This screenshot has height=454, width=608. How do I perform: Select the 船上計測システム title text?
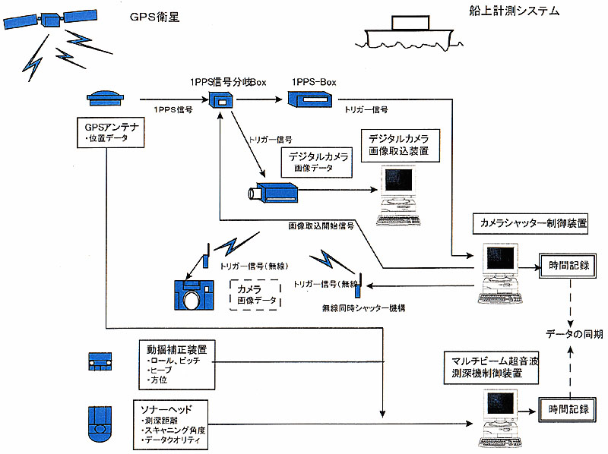514,11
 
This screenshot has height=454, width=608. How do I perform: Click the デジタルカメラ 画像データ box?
318,162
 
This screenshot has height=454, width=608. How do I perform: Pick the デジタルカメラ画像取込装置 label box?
397,145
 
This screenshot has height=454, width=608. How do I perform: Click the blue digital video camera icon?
274,192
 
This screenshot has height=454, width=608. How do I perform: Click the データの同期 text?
575,334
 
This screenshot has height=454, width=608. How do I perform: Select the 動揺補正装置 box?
179,364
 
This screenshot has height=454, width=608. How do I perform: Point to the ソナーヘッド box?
173,424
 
